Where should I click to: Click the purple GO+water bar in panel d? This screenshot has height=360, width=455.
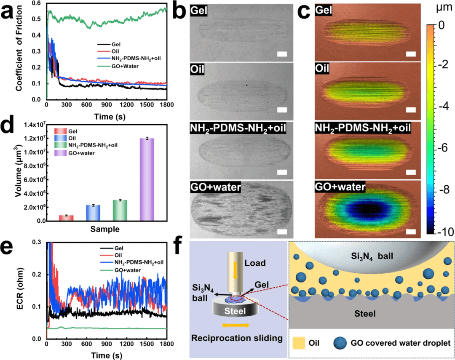point(147,179)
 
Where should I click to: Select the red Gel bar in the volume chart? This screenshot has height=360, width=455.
point(66,218)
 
